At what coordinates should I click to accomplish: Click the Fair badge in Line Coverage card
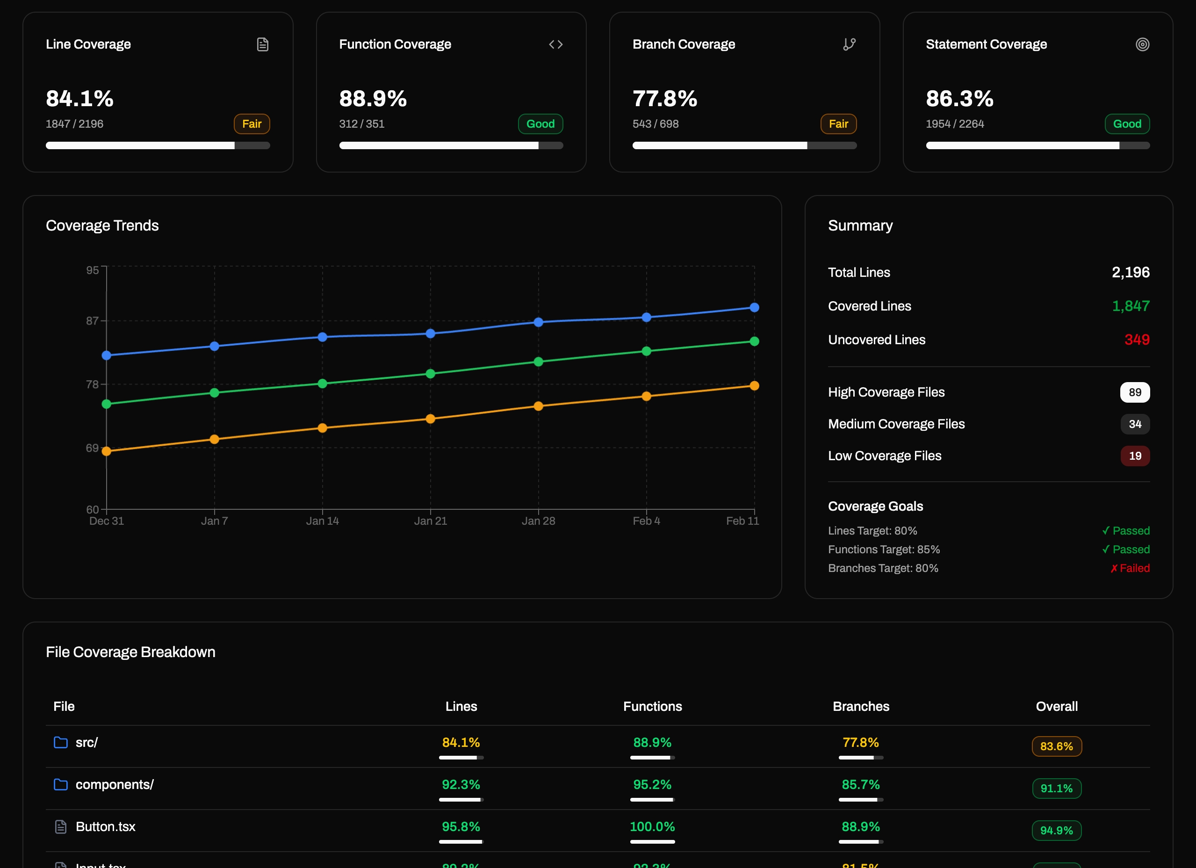(252, 124)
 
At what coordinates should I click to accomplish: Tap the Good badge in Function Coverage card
(540, 124)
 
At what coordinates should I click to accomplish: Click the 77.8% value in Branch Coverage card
(664, 99)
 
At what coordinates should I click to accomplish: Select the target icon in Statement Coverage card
(1142, 44)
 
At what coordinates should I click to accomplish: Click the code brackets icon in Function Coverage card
(556, 44)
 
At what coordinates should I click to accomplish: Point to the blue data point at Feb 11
(754, 307)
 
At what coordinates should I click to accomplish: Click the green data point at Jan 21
(430, 374)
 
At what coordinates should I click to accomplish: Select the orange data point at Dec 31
(107, 451)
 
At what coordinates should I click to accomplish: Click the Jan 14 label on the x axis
(322, 521)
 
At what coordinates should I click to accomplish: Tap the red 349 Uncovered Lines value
(1137, 340)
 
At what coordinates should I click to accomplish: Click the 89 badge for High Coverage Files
(1134, 392)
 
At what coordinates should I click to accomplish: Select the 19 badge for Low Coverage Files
(1134, 456)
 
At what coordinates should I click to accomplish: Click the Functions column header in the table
(652, 707)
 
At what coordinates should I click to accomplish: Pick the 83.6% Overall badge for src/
(1056, 747)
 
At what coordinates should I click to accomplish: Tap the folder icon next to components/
(61, 785)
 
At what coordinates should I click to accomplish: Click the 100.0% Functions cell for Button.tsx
(652, 827)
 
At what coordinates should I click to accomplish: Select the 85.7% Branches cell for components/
(861, 785)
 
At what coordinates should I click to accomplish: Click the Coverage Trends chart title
(102, 226)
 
